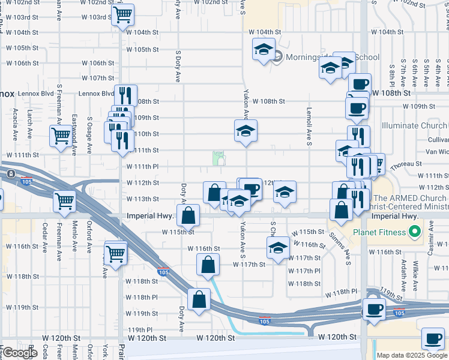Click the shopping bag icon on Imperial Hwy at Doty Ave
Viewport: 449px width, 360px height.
(x=188, y=215)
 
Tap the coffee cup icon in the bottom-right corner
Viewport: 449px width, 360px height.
(x=433, y=339)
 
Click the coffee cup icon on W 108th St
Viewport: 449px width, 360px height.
(x=360, y=84)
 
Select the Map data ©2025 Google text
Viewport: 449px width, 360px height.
(x=412, y=355)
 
